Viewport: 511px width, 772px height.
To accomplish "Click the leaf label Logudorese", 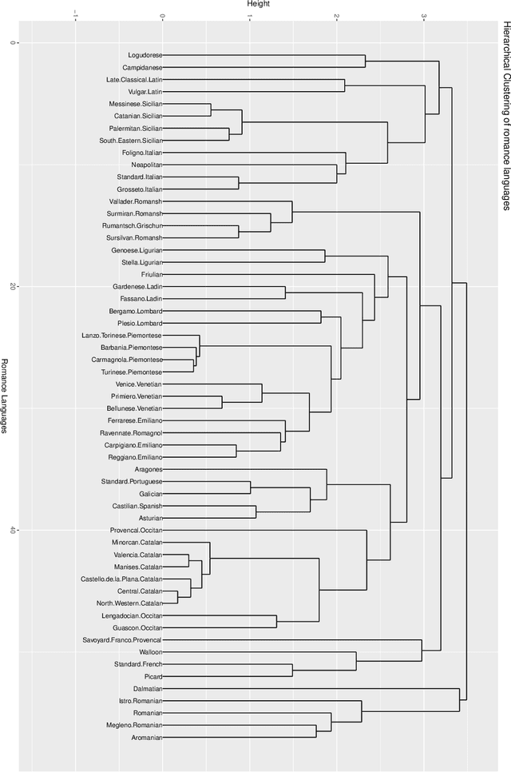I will coord(145,55).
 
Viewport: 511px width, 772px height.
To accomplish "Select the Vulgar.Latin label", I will coord(145,92).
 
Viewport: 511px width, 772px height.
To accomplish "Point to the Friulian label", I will coord(151,274).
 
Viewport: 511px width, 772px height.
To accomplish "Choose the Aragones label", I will coord(148,469).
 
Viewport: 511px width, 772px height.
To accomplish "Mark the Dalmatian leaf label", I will coord(147,688).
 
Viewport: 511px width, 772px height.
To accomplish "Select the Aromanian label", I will coord(146,737).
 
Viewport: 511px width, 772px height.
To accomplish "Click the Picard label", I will coord(153,676).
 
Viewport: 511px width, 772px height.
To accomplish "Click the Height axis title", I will coord(258,5).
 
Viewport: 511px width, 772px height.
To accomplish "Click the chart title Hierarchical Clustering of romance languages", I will coord(505,116).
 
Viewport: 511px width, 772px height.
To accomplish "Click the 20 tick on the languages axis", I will coord(14,286).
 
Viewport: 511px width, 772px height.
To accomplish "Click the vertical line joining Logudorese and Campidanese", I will coord(365,62).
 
